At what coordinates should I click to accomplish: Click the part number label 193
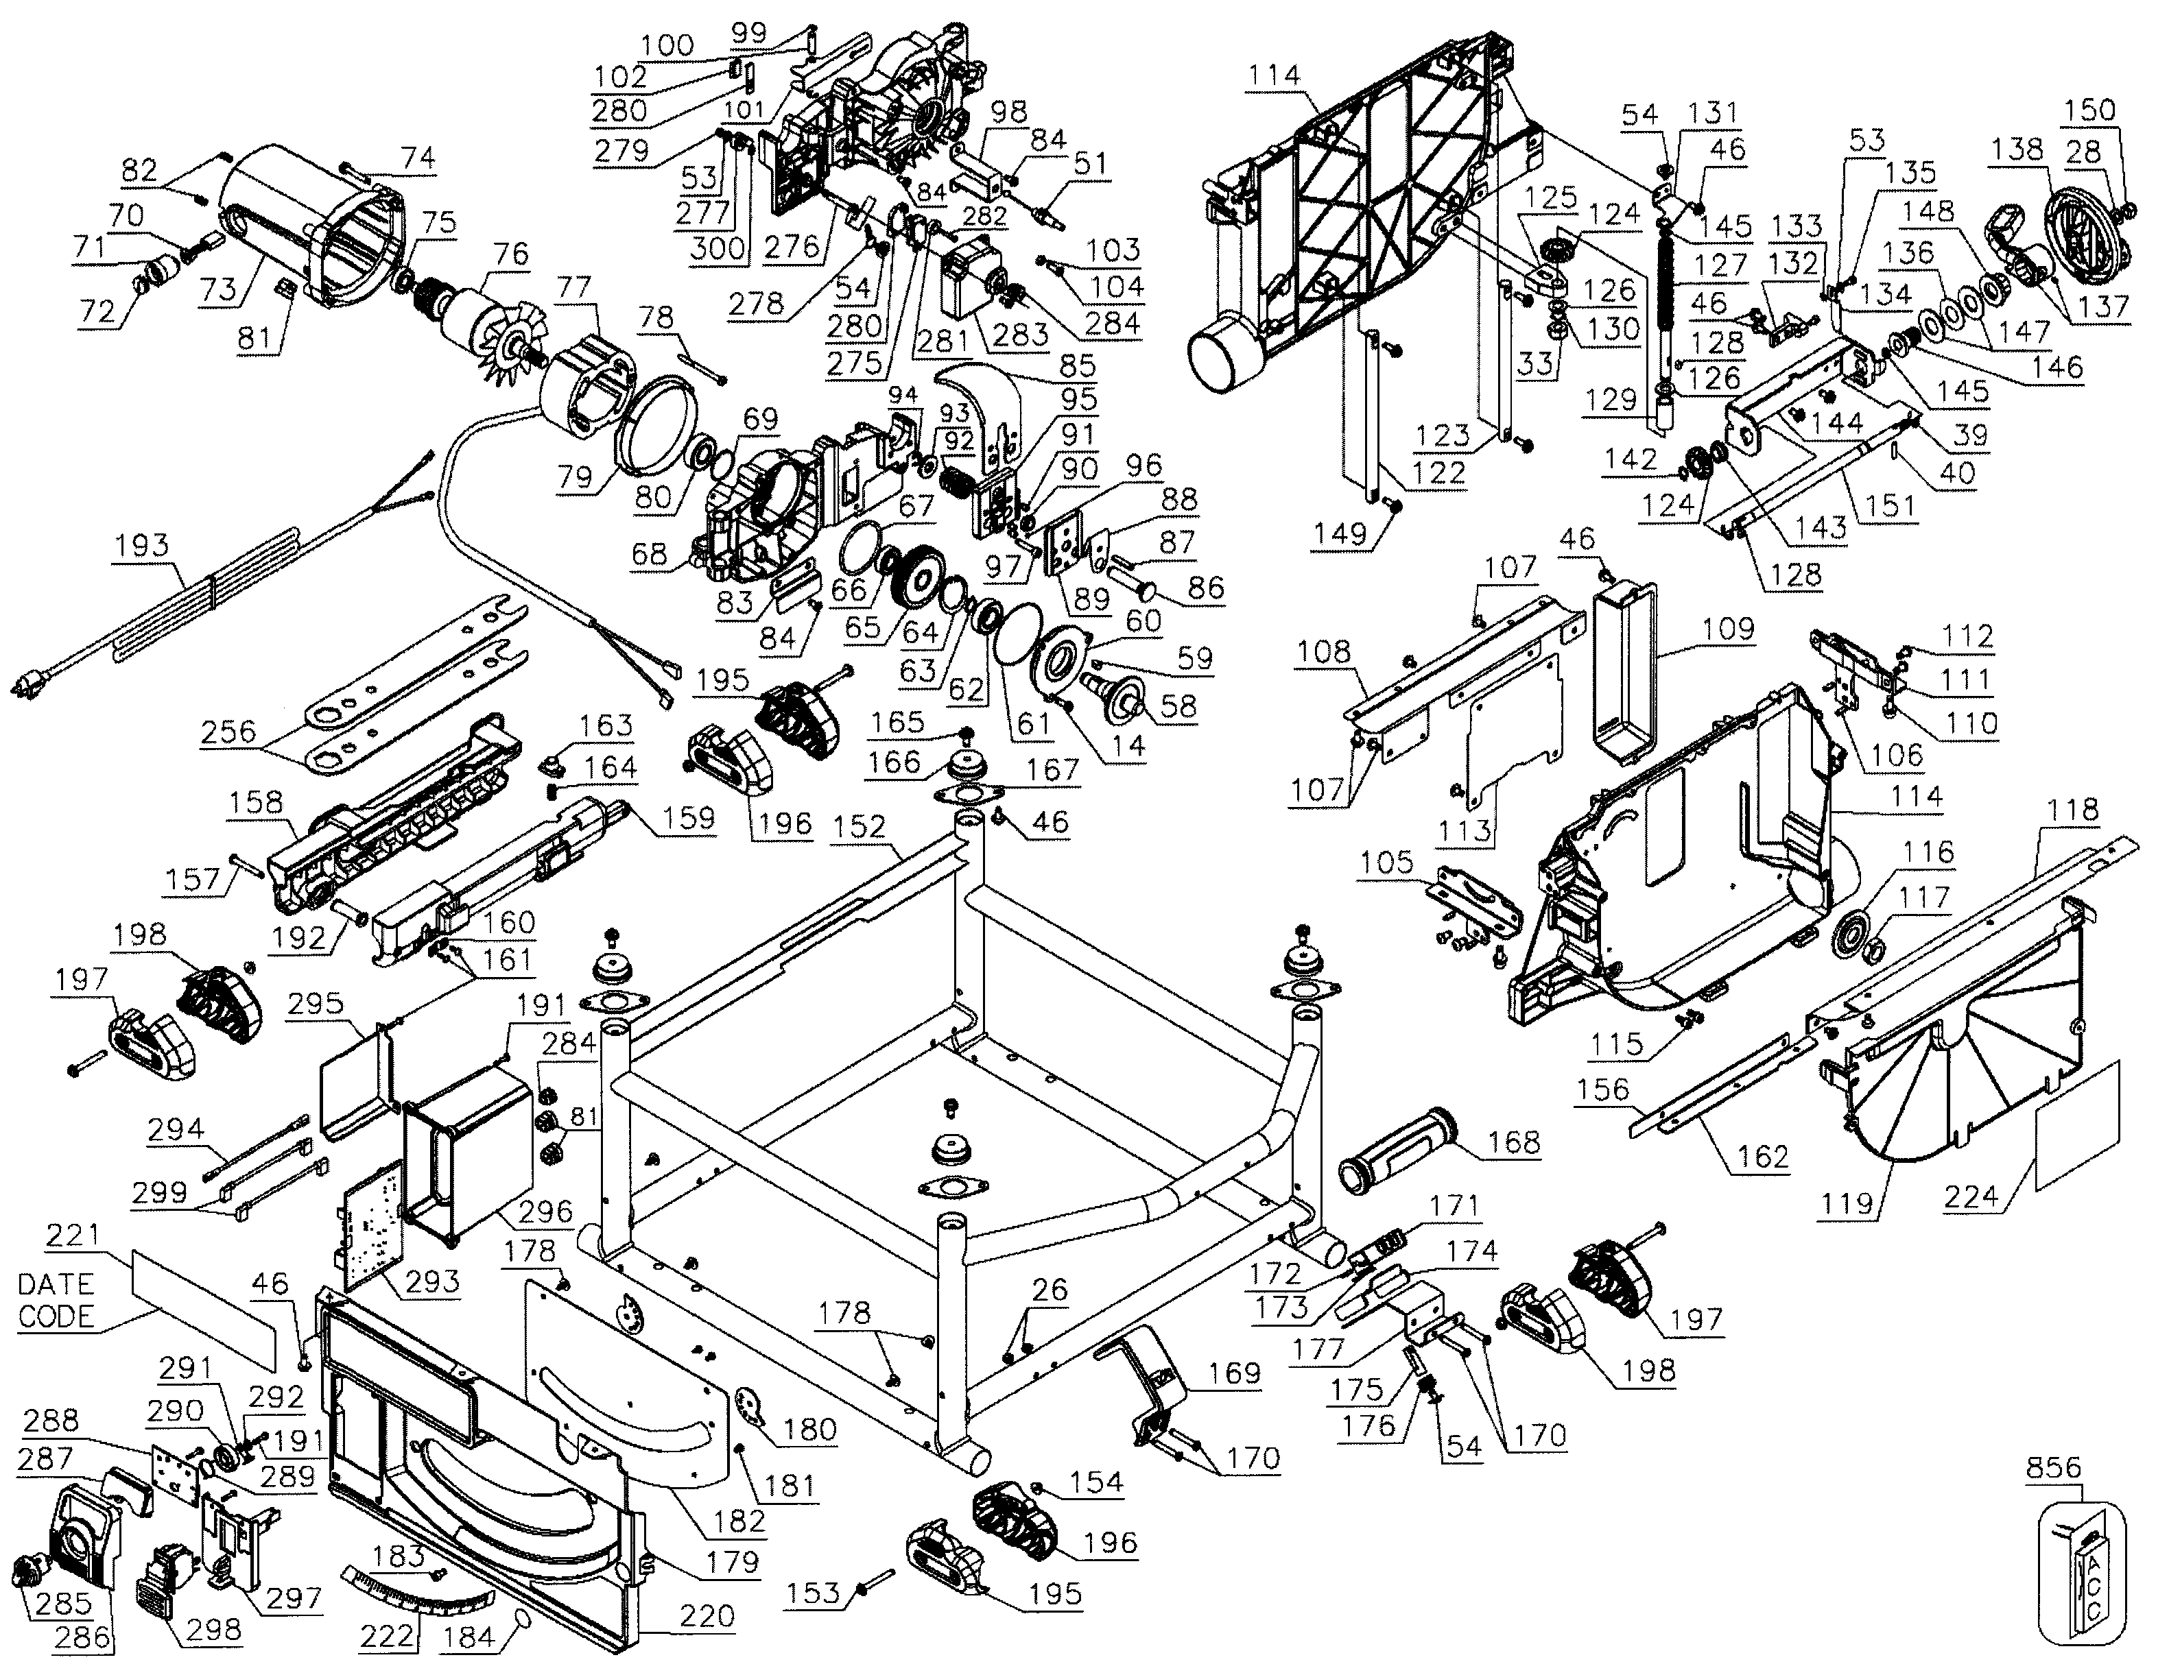(141, 545)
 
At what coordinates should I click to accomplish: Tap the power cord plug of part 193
(29, 684)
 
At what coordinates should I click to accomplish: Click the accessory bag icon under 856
(2081, 1579)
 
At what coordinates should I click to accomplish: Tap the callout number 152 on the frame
(859, 826)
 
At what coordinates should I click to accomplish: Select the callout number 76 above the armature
(510, 253)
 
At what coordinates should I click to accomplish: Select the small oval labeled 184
(523, 1620)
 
